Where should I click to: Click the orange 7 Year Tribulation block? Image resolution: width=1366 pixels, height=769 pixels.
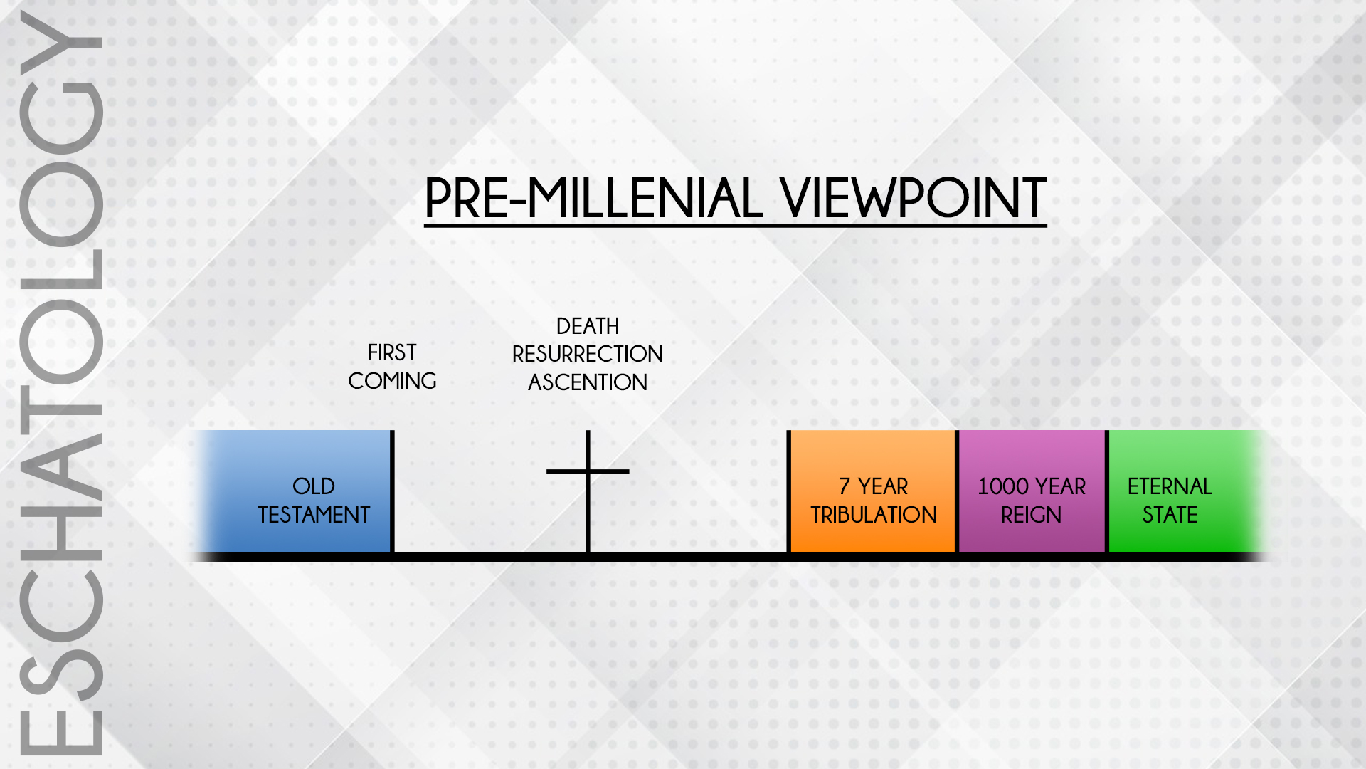pos(873,491)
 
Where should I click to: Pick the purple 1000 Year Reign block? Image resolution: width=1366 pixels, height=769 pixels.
pos(1032,491)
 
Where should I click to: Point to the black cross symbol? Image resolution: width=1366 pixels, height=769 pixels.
pos(588,491)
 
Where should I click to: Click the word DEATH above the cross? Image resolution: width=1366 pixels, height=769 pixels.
pos(588,326)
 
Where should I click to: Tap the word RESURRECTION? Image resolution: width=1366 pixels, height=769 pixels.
pos(588,354)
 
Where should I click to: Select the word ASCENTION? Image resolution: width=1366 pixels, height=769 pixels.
pos(588,382)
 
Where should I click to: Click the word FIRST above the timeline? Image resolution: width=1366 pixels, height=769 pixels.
pos(392,352)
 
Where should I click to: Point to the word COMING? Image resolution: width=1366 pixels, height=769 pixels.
pos(392,381)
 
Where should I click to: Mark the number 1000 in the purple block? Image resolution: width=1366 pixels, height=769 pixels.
pos(1002,486)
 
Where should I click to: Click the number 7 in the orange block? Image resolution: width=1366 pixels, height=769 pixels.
pos(845,486)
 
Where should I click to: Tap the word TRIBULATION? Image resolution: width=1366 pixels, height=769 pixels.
pos(874,515)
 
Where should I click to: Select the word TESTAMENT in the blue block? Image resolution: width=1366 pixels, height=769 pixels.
pos(314,515)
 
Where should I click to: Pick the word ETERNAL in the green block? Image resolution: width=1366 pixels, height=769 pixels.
pos(1170,486)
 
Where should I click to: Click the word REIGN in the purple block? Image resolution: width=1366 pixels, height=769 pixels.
pos(1032,515)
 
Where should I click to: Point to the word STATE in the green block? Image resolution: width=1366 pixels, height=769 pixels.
pos(1170,515)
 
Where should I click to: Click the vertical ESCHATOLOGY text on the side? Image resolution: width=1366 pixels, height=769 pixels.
pos(62,384)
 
